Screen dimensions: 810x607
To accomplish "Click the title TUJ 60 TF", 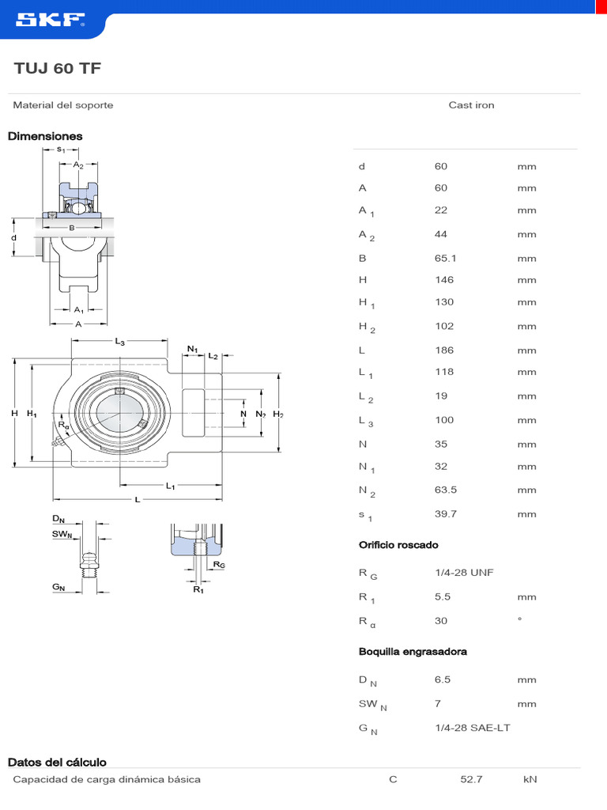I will coord(58,69).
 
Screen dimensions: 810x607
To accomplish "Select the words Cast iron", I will coord(471,105).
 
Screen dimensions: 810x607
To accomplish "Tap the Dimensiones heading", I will coord(45,136).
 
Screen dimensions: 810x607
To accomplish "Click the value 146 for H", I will coord(444,279).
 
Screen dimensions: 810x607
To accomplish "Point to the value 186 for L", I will coord(444,350).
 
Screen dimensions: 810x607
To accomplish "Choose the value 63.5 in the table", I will coord(446,490).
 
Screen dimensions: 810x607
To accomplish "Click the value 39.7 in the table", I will coord(446,514).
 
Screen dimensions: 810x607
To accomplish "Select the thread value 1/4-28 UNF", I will coord(464,572).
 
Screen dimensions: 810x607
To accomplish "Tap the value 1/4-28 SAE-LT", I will coord(472,728).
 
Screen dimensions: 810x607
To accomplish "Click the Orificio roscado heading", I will coord(398,545).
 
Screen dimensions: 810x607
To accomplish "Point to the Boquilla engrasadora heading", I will coord(413,652).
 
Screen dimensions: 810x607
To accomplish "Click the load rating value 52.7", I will coord(471,779).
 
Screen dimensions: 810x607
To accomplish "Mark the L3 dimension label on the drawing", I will coord(120,342).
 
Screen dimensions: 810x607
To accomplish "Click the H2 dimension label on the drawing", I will coord(278,414).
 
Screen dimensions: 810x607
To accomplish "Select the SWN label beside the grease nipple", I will coord(62,535).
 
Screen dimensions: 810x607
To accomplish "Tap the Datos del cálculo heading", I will coord(57,763).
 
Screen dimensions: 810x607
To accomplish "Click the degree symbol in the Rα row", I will coord(519,619).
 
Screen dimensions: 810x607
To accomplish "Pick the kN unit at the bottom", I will coord(530,779).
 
